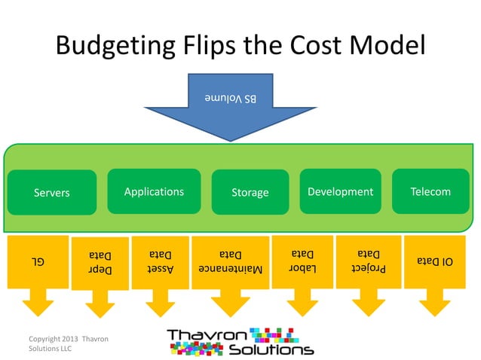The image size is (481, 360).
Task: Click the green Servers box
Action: click(52, 193)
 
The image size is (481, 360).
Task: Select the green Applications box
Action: click(154, 191)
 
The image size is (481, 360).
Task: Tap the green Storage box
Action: click(250, 193)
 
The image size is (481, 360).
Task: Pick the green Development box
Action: click(340, 191)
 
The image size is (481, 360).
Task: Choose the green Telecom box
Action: click(430, 191)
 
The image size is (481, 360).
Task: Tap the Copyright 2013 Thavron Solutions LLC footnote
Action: click(69, 345)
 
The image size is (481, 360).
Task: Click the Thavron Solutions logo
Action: click(240, 341)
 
